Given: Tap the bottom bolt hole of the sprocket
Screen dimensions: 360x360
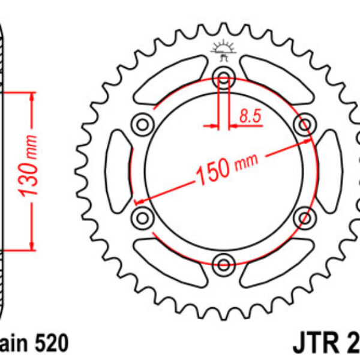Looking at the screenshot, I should (x=224, y=263).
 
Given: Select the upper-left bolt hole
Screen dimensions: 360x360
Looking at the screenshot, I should (x=143, y=124).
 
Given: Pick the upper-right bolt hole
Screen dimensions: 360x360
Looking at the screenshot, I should (x=305, y=124).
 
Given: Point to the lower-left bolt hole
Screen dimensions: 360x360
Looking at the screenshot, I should (x=143, y=216).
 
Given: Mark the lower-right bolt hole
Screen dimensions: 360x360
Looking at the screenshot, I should (x=305, y=216).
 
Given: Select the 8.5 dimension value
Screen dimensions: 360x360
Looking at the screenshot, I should (x=250, y=116).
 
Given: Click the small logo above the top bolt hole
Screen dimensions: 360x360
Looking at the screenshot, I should (x=224, y=50).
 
